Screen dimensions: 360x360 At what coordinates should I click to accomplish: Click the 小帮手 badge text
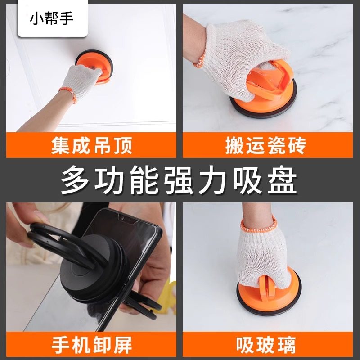pyautogui.click(x=51, y=19)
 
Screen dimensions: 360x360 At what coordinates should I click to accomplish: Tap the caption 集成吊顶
pyautogui.click(x=91, y=146)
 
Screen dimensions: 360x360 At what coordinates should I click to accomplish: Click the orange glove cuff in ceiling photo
pyautogui.click(x=66, y=84)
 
